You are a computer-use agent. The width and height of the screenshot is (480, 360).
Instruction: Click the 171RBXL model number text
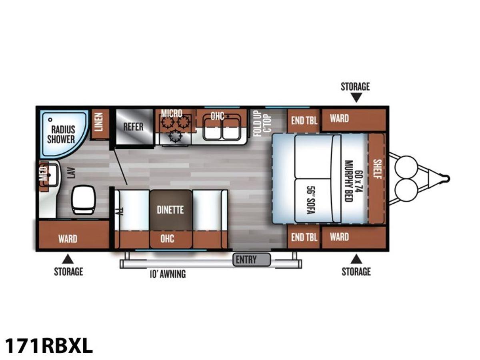[49, 346]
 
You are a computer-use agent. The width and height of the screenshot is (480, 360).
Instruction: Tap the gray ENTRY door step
[252, 260]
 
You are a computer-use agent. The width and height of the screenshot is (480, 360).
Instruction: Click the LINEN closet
[100, 124]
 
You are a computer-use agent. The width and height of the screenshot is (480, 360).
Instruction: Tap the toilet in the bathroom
[83, 199]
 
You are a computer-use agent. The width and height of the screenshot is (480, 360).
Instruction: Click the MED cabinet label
[44, 174]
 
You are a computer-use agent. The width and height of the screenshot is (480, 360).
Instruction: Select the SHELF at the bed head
[376, 178]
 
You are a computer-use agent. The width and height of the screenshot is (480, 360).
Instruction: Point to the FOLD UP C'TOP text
[263, 123]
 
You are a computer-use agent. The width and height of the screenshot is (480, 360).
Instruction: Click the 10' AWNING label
[168, 274]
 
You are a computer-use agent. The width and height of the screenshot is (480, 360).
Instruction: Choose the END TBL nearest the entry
[304, 237]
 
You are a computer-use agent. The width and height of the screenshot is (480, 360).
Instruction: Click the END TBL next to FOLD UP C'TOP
[304, 120]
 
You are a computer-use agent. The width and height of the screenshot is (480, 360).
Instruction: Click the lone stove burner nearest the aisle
[175, 136]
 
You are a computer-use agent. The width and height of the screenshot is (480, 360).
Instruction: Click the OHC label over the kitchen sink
[217, 116]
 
